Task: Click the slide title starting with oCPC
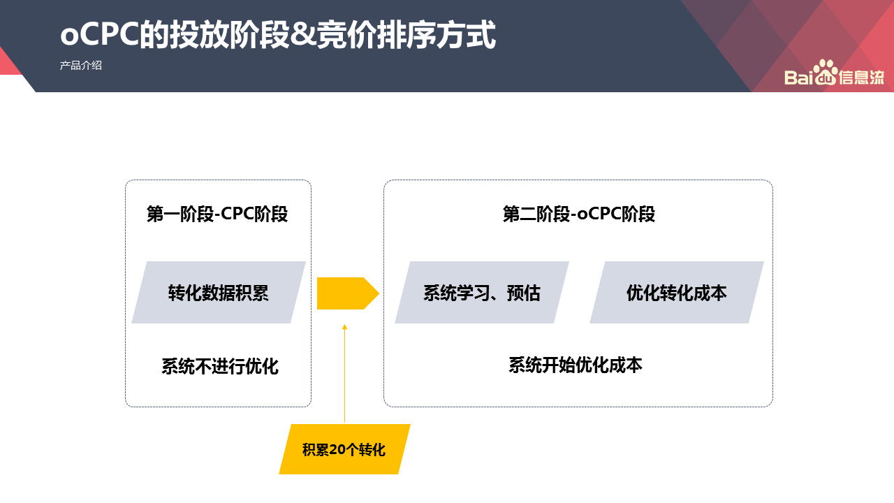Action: pyautogui.click(x=278, y=35)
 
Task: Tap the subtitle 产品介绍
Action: pyautogui.click(x=81, y=66)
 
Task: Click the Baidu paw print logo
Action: pyautogui.click(x=826, y=72)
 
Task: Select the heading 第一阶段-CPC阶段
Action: pyautogui.click(x=217, y=214)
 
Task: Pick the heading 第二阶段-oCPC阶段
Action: pyautogui.click(x=579, y=214)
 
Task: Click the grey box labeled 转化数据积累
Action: pyautogui.click(x=219, y=292)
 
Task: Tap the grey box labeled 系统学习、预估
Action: pyautogui.click(x=482, y=292)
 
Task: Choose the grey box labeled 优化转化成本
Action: pyautogui.click(x=677, y=292)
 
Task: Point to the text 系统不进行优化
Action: pyautogui.click(x=220, y=366)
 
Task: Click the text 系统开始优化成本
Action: pyautogui.click(x=576, y=365)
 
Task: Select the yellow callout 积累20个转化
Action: pyautogui.click(x=344, y=449)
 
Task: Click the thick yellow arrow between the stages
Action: pyautogui.click(x=348, y=293)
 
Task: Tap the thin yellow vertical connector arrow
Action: pyautogui.click(x=345, y=374)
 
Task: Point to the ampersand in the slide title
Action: pyautogui.click(x=303, y=35)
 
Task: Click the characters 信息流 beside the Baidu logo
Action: pyautogui.click(x=861, y=77)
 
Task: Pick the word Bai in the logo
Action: pyautogui.click(x=798, y=77)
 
